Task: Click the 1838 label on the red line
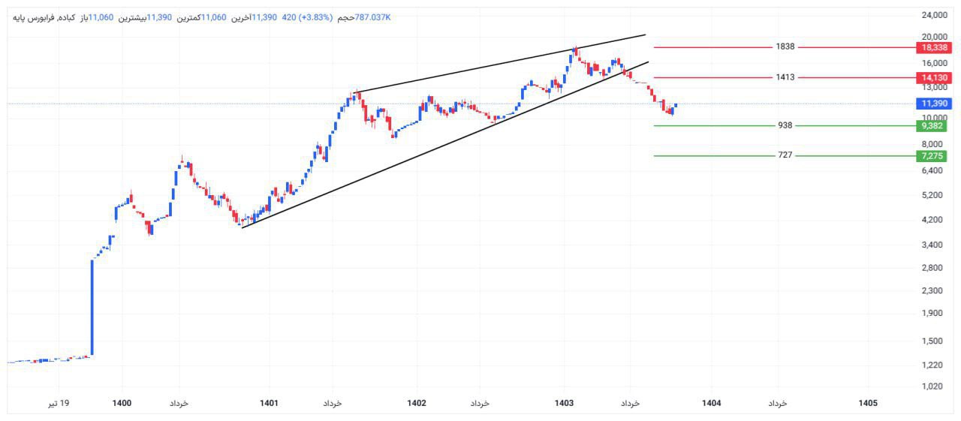[785, 47]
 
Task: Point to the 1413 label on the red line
[785, 77]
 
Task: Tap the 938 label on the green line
[785, 125]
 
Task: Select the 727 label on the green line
[785, 155]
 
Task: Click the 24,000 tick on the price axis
[933, 15]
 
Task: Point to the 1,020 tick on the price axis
[933, 386]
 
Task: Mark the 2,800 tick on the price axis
[933, 268]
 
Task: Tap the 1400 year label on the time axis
[122, 403]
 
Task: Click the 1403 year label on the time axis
[564, 403]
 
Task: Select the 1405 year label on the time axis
[867, 403]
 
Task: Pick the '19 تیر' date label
[59, 403]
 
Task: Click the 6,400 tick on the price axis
[933, 170]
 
